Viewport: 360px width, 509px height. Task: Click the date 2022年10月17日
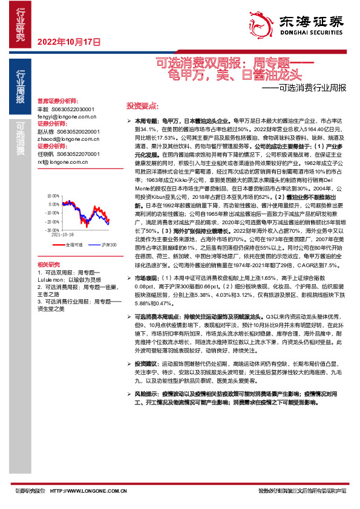(68, 42)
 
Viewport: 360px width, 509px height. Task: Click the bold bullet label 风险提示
(147, 394)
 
